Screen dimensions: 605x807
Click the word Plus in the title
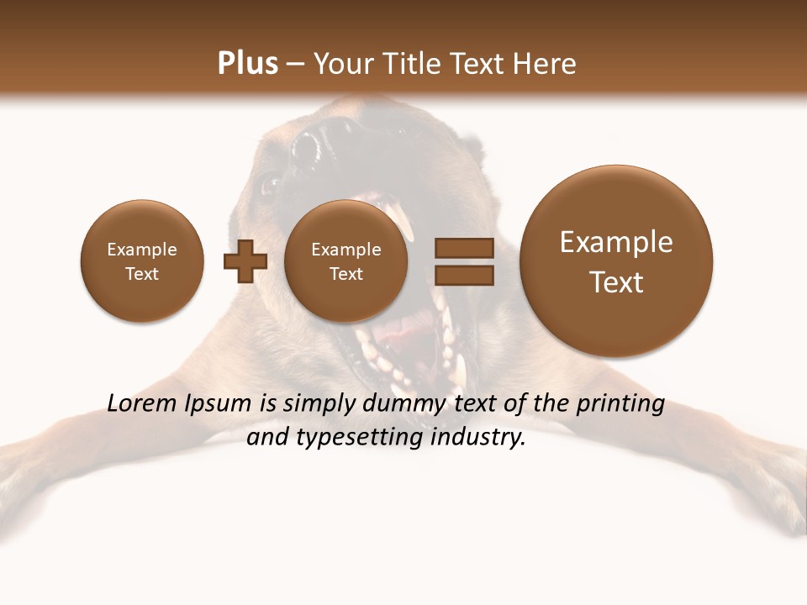247,64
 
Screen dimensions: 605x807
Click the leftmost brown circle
141,261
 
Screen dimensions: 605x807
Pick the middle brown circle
345,261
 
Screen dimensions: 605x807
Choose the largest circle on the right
616,261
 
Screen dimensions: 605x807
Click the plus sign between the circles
245,261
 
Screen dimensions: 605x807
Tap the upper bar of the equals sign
463,248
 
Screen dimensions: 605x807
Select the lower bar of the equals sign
463,274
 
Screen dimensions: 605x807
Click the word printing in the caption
620,404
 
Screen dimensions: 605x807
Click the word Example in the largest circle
616,243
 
